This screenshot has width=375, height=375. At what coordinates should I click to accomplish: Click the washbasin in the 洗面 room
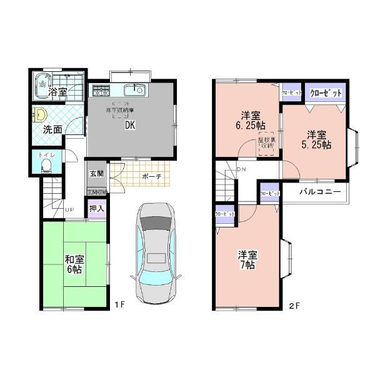click(40, 114)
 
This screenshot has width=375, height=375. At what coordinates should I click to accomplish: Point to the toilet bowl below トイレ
click(46, 166)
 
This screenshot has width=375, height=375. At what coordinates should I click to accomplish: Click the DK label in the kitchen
click(130, 124)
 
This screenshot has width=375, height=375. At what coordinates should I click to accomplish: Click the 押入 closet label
click(96, 209)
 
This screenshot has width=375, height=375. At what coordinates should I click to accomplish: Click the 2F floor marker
click(294, 306)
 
